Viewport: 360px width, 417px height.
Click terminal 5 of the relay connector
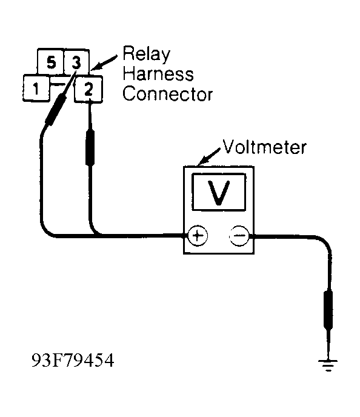pyautogui.click(x=51, y=62)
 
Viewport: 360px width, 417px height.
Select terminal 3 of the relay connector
pyautogui.click(x=75, y=62)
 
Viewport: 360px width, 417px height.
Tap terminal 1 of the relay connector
pyautogui.click(x=36, y=89)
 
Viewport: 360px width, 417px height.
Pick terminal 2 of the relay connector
pyautogui.click(x=88, y=89)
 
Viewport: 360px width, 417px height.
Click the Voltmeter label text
pyautogui.click(x=265, y=147)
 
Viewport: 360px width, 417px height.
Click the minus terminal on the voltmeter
pyautogui.click(x=238, y=236)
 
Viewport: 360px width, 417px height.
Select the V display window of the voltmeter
pyautogui.click(x=218, y=192)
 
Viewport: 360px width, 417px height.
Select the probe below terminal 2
pyautogui.click(x=91, y=148)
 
